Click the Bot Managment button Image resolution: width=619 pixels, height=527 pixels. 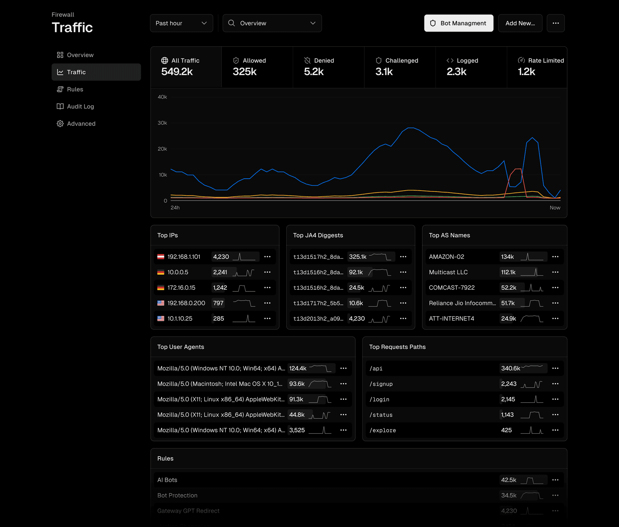[x=458, y=23]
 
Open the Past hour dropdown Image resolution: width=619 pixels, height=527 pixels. [x=181, y=23]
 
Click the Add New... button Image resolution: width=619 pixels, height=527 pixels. [x=520, y=23]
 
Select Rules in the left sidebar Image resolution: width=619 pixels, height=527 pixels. [x=75, y=89]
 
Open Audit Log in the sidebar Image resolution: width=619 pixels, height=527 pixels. [x=80, y=107]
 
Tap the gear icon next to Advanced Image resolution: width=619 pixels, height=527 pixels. [x=60, y=124]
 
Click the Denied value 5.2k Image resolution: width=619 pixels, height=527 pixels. [x=314, y=71]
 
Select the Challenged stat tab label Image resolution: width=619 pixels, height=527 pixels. [x=401, y=61]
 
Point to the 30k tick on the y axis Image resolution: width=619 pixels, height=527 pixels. [x=162, y=123]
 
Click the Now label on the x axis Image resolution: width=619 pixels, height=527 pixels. [x=555, y=208]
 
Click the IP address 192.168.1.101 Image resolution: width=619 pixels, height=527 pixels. [x=184, y=257]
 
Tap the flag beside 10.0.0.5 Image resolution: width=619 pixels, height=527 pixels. [x=161, y=272]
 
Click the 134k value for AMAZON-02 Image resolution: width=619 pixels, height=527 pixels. [x=507, y=257]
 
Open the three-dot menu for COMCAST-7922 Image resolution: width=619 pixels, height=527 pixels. [x=555, y=287]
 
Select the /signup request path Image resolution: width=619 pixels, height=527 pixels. [x=381, y=384]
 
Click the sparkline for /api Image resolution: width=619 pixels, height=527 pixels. [x=532, y=367]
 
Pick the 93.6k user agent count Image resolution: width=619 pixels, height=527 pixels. [x=297, y=384]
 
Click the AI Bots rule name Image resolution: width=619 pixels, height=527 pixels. [x=167, y=480]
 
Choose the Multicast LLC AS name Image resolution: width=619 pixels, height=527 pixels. [x=448, y=272]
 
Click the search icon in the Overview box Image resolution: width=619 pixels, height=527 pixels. [x=231, y=23]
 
